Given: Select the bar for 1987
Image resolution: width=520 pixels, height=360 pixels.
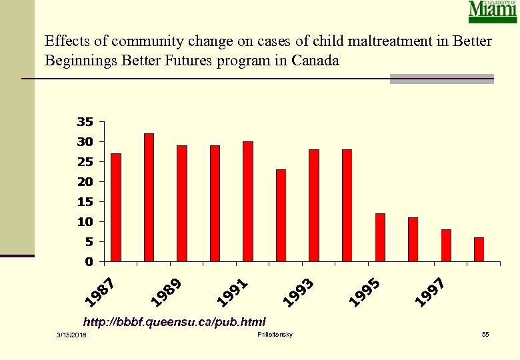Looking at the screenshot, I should click(x=116, y=207).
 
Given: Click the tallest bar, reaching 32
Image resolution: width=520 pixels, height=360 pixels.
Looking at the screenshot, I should click(x=149, y=197).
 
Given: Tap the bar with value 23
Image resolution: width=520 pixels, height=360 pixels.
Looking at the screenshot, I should click(x=281, y=215).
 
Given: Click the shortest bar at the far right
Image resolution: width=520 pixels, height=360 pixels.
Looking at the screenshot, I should click(x=479, y=249).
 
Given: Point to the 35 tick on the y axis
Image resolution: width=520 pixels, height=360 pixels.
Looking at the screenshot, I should click(x=85, y=122).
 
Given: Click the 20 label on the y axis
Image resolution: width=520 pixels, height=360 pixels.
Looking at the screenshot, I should click(x=85, y=181).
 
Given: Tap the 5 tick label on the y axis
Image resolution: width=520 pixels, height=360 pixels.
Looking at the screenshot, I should click(x=88, y=241).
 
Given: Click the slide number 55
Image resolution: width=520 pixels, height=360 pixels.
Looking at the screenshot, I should click(x=485, y=333).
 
